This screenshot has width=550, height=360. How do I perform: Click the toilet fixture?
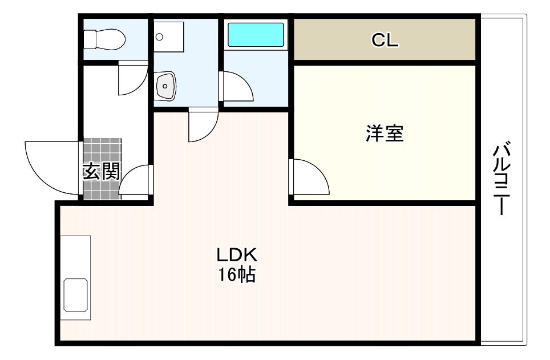tap(104, 39)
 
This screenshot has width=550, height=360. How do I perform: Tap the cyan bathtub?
tap(256, 35)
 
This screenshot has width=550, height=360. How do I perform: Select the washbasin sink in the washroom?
tap(165, 86)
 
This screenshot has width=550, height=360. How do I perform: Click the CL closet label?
tap(385, 40)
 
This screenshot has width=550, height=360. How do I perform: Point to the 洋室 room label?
tap(385, 134)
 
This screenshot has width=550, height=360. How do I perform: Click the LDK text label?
tap(237, 255)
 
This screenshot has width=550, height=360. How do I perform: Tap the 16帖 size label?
tap(237, 274)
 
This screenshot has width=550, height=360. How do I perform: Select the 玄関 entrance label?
tap(102, 172)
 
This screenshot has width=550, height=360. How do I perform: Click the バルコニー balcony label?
tap(502, 178)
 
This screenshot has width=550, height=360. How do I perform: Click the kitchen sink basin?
tap(76, 295)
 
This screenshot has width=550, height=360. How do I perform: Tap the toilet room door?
tap(133, 78)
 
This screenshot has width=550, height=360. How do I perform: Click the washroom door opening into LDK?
tap(204, 124)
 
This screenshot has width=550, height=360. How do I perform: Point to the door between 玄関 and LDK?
tap(135, 179)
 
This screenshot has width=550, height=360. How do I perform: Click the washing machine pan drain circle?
tap(159, 37)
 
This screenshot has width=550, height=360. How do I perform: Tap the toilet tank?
tap(90, 39)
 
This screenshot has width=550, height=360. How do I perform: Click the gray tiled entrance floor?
tap(103, 169)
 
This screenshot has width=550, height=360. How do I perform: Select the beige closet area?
tap(385, 39)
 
